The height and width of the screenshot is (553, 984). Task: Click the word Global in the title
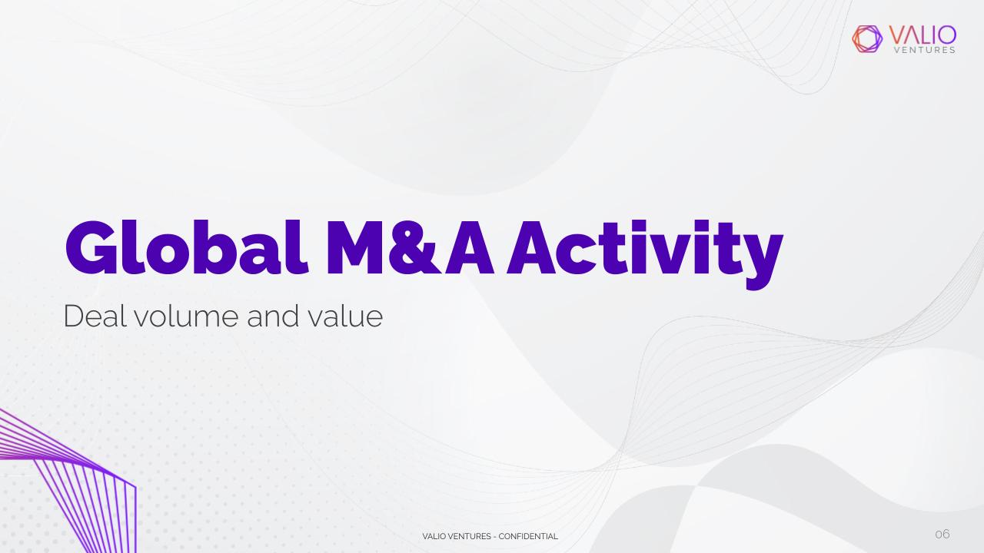click(186, 247)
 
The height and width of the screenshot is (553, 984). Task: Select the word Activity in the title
click(645, 254)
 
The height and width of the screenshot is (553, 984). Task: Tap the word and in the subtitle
click(273, 316)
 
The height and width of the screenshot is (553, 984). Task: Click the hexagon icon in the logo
click(867, 39)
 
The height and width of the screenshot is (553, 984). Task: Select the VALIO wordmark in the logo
click(922, 35)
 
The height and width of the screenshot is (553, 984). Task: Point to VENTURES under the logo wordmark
click(925, 50)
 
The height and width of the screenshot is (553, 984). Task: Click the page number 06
click(942, 534)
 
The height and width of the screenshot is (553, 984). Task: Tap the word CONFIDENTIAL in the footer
click(528, 536)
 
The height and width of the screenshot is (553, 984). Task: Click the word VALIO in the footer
click(434, 536)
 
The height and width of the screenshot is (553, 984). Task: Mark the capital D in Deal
click(73, 316)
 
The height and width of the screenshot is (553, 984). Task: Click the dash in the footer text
click(495, 537)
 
